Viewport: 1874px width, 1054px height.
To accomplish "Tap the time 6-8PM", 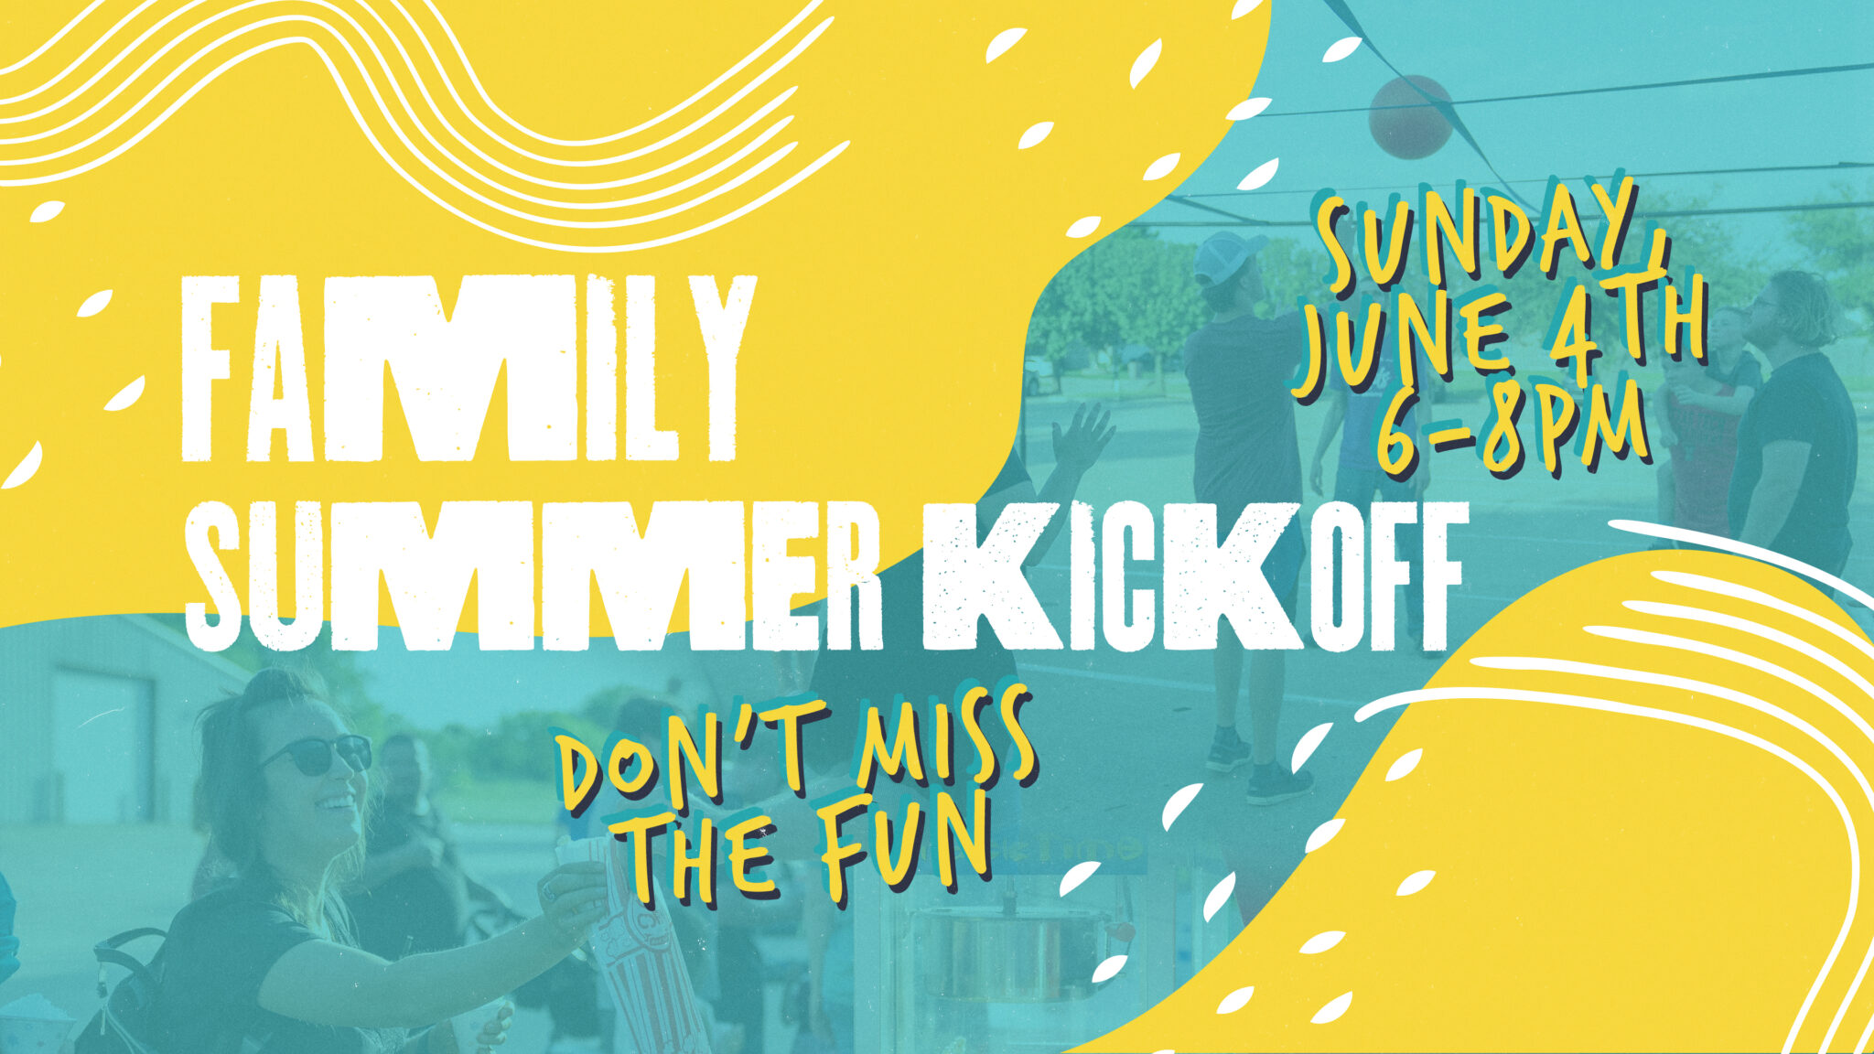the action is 1514,430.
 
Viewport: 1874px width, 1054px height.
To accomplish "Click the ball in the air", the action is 1410,116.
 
